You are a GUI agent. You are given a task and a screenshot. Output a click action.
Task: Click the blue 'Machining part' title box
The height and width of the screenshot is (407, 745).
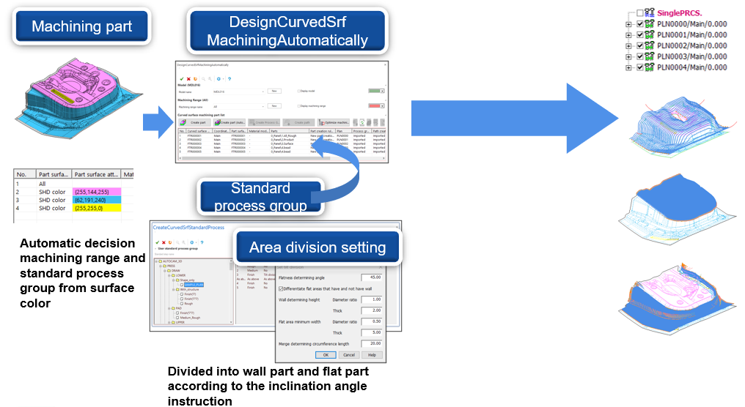pyautogui.click(x=81, y=27)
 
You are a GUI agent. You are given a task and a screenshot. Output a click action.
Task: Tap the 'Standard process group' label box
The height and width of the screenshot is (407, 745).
pyautogui.click(x=260, y=197)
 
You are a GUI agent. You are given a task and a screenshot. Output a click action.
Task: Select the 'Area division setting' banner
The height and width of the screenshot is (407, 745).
pyautogui.click(x=317, y=247)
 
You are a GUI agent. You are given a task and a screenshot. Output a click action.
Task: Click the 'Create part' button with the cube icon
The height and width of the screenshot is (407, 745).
pyautogui.click(x=194, y=122)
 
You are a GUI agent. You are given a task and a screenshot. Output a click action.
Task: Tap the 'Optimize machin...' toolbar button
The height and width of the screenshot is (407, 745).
pyautogui.click(x=334, y=122)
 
